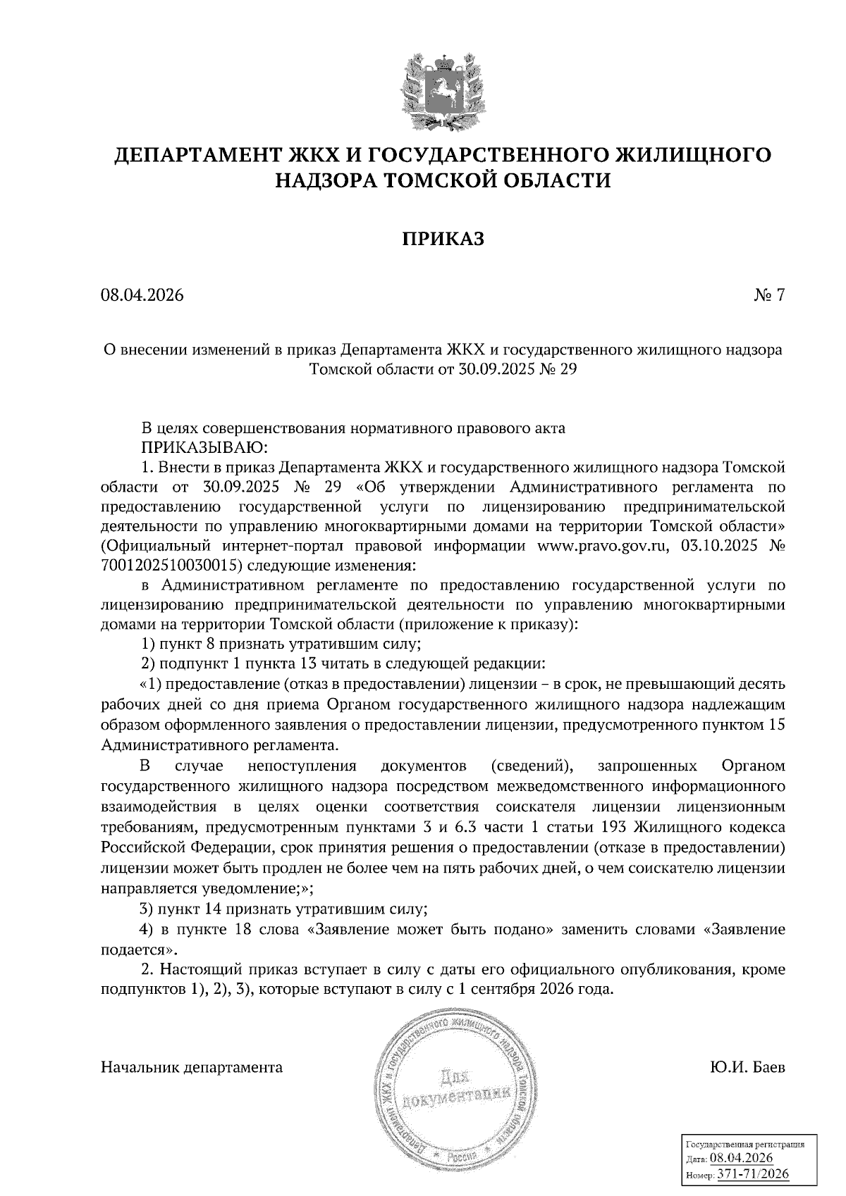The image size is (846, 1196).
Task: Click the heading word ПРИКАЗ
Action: pyautogui.click(x=443, y=239)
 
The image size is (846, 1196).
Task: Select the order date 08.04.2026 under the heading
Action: pyautogui.click(x=142, y=295)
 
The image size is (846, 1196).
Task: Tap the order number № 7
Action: pyautogui.click(x=769, y=295)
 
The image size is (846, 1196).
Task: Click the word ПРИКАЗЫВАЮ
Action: pyautogui.click(x=203, y=447)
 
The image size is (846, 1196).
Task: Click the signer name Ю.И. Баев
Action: pyautogui.click(x=748, y=1067)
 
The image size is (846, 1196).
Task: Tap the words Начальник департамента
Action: pyautogui.click(x=192, y=1067)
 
